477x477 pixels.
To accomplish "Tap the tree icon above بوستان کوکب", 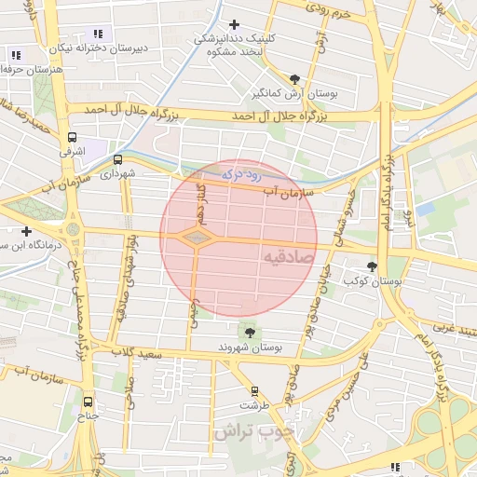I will tap(373, 266).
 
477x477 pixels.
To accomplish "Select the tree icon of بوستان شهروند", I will tap(249, 331).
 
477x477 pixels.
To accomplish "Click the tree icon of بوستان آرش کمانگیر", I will tap(295, 79).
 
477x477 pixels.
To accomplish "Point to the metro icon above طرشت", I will tap(253, 391).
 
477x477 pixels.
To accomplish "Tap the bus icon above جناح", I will tap(88, 402).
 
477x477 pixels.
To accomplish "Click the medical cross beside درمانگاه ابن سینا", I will tap(26, 231).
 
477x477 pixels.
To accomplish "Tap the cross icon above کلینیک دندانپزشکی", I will tap(234, 24).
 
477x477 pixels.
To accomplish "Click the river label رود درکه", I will tap(244, 174).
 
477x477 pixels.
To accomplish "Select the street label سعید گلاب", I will tap(137, 353).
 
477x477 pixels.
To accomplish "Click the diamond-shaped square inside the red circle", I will tap(196, 238).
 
